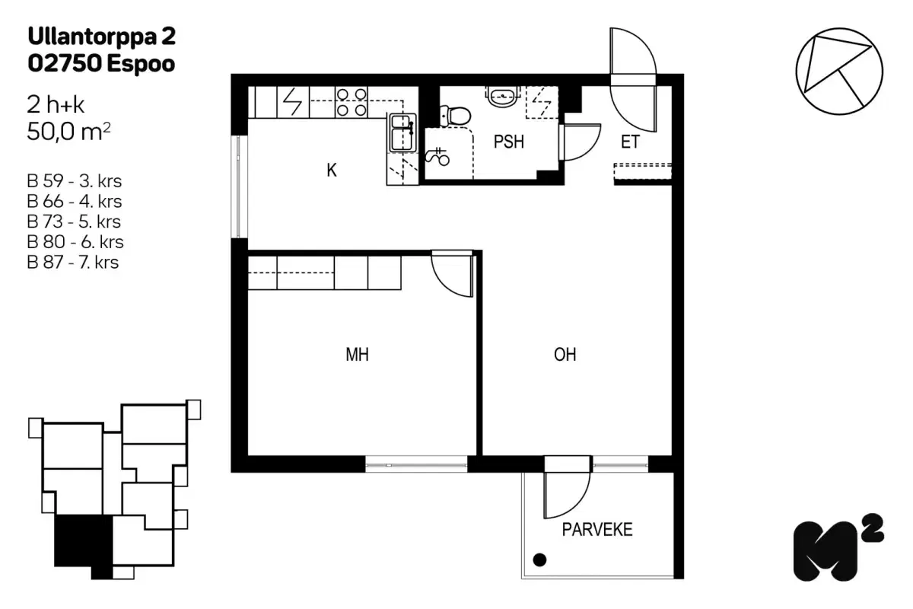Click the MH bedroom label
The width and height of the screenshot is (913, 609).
[x=357, y=354]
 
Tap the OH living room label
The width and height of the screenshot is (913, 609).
[x=565, y=354]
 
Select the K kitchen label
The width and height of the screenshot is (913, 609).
[x=332, y=171]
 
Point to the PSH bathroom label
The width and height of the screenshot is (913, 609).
[x=508, y=142]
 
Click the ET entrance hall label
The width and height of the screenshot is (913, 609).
[x=629, y=142]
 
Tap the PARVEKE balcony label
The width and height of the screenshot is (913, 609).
[x=597, y=530]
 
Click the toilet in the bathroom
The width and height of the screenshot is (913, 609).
[x=456, y=115]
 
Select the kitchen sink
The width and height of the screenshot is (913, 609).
[x=400, y=132]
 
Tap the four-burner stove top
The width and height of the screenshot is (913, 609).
[x=352, y=102]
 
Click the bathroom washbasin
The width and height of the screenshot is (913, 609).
[x=502, y=95]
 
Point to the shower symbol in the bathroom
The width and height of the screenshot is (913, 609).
[x=439, y=157]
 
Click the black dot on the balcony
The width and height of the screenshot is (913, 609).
[x=539, y=561]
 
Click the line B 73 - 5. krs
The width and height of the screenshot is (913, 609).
[x=73, y=222]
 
